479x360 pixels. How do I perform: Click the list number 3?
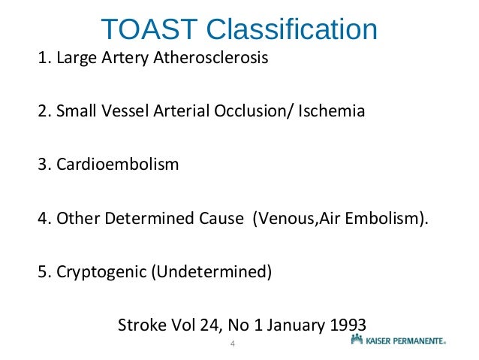(42, 164)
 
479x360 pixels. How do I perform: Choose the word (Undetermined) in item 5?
(211, 270)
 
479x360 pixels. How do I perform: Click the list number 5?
(42, 270)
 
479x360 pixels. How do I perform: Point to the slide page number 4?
(233, 344)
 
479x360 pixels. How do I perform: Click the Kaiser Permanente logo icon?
(357, 340)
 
